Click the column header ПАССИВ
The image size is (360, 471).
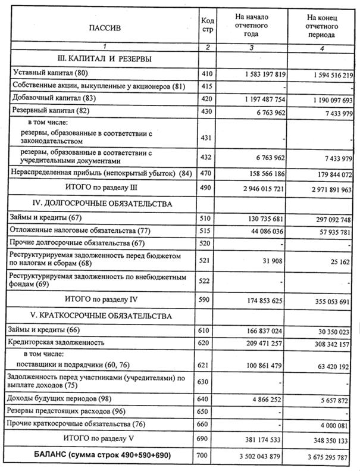coord(104,27)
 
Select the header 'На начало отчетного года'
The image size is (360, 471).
coord(252,26)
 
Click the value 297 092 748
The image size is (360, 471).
coord(327,220)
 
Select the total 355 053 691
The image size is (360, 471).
coord(326,301)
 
